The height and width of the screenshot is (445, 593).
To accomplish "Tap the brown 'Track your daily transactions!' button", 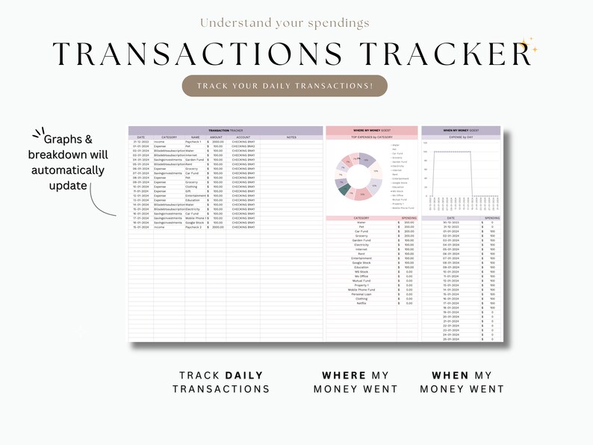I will (285, 86).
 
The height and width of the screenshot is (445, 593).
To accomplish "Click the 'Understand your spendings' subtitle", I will (284, 23).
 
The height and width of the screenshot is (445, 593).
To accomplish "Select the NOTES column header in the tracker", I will (291, 137).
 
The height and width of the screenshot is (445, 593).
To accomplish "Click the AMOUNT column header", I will (216, 137).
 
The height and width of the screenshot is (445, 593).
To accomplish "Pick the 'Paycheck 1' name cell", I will (193, 142).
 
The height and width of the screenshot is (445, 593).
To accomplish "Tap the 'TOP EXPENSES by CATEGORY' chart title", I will (361, 137).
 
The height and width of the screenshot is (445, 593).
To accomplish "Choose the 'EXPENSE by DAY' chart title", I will (460, 138).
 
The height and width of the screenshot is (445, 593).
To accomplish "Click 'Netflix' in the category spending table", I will (361, 303).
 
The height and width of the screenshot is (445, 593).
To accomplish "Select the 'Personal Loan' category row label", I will (361, 294).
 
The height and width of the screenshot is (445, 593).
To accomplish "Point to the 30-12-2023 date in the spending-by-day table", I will (450, 222).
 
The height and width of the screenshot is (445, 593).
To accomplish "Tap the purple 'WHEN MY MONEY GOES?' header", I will (460, 130).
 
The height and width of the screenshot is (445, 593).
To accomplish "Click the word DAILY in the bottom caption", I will (243, 375).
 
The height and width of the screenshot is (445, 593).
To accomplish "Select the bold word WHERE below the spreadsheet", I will (344, 375).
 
